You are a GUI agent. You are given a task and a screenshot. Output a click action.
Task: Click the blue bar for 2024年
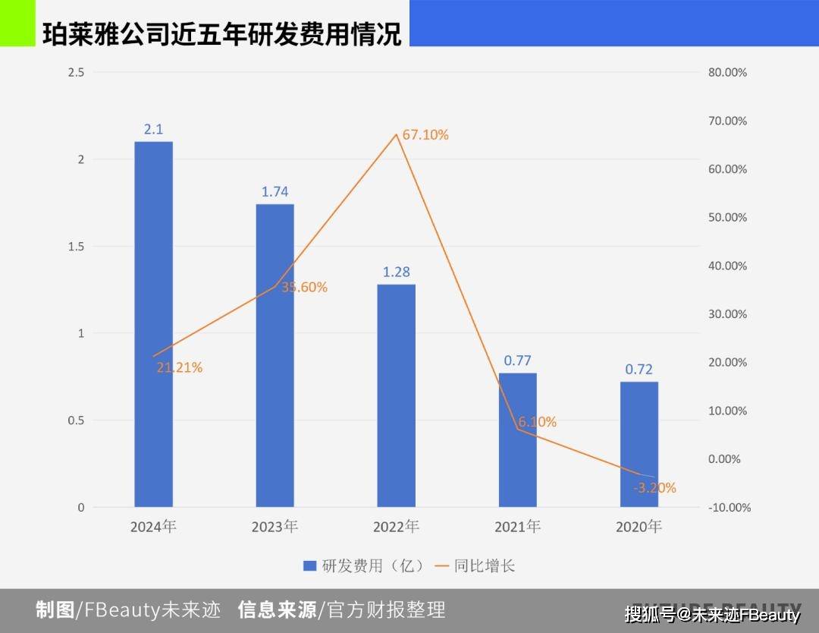coord(153,324)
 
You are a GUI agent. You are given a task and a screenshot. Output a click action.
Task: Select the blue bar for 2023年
coord(275,355)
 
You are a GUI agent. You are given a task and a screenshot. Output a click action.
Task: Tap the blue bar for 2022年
coord(396,395)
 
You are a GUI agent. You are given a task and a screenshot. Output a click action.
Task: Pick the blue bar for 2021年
coord(517,440)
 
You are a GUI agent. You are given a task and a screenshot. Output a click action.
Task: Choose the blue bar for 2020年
coord(639,444)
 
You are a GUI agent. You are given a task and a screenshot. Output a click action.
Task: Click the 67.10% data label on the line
coord(425,135)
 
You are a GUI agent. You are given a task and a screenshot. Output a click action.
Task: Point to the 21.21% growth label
coord(180,368)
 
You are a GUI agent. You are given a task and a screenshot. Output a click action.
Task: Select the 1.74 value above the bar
coord(275,192)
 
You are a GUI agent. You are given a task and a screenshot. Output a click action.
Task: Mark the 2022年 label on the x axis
coord(396,526)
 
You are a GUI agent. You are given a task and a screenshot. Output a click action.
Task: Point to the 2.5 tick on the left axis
coord(76,73)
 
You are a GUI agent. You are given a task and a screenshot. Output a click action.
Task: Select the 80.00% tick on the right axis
coord(727,73)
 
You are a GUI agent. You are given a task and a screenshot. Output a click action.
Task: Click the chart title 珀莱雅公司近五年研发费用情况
coord(221,34)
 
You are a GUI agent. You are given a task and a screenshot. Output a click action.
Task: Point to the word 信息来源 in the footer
coord(278,609)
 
